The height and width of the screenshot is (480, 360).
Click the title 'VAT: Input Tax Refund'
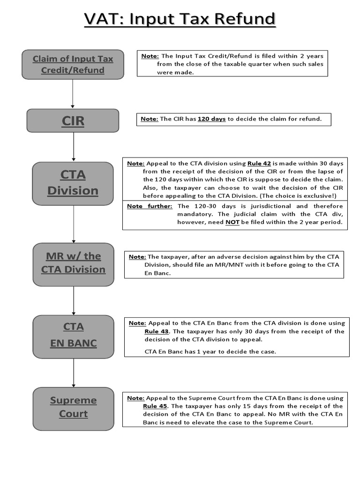pos(180,19)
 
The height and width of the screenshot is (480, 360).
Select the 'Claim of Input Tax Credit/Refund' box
pos(73,65)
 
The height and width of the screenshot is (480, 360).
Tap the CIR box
pos(73,120)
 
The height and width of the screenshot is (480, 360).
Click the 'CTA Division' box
pos(73,183)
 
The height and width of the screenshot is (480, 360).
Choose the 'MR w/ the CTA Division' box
pos(73,263)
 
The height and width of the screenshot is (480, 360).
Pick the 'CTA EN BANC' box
pos(73,336)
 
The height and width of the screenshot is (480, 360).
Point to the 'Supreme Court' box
pos(73,407)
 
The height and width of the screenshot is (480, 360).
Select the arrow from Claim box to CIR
pos(73,94)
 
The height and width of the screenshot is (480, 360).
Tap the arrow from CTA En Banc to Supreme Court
pos(74,372)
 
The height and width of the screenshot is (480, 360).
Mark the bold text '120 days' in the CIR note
pos(211,119)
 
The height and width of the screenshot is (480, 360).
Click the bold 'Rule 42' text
pos(259,164)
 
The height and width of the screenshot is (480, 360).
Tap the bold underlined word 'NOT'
pos(232,222)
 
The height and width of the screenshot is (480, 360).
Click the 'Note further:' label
pos(150,206)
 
